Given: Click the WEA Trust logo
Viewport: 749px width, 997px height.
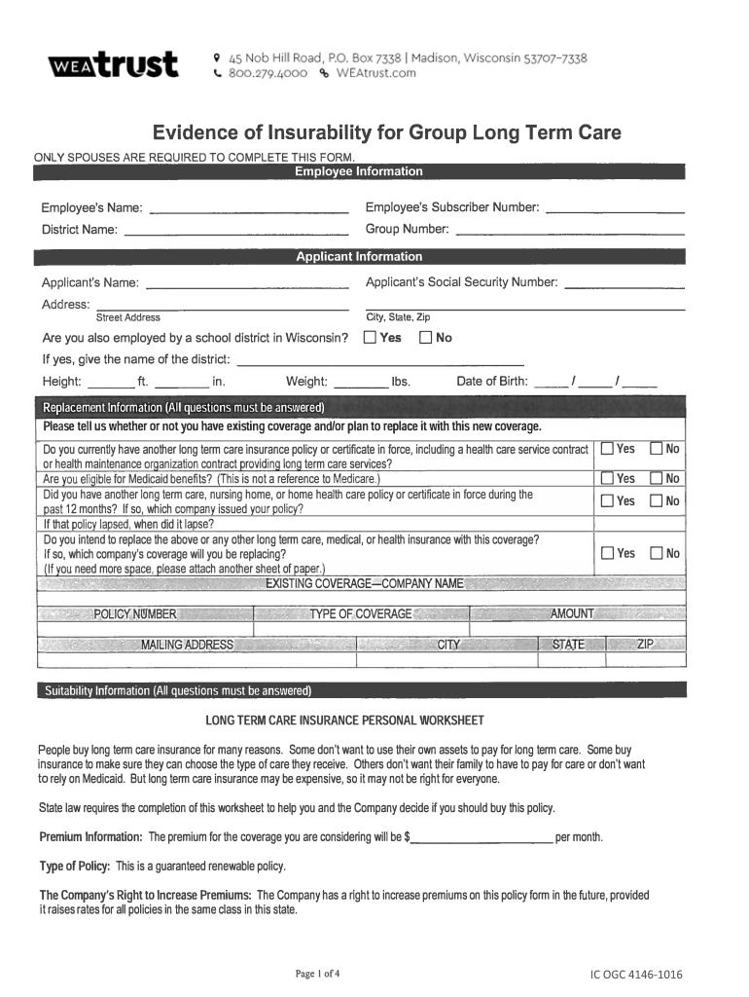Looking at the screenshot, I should pos(113,65).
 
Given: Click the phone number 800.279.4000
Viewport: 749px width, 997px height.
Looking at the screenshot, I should pos(267,73).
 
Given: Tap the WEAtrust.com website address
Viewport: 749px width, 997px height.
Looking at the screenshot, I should pos(374,73).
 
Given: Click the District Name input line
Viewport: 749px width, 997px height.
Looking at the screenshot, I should pos(235,230).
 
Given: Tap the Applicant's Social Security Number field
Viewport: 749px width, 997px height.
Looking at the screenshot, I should pos(624,283).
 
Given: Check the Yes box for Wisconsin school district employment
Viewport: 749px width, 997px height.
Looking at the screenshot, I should pos(371,338).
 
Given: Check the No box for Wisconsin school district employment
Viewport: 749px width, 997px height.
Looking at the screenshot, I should pos(426,338).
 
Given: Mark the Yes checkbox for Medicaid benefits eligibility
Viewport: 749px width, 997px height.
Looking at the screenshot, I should pos(607,478).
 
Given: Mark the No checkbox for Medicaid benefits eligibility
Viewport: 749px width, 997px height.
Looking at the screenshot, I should pos(657,478).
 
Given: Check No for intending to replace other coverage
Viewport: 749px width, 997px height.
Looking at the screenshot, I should pos(657,553).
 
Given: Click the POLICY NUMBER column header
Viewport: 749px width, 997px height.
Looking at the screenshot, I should pos(135,614).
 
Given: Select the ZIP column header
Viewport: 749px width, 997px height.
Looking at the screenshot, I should pos(645,645).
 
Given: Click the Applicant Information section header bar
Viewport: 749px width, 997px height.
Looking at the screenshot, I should pos(359,257).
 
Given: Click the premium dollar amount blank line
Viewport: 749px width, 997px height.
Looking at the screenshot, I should pos(481,837).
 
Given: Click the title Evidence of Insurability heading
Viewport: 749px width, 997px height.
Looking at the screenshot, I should pos(385,132).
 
